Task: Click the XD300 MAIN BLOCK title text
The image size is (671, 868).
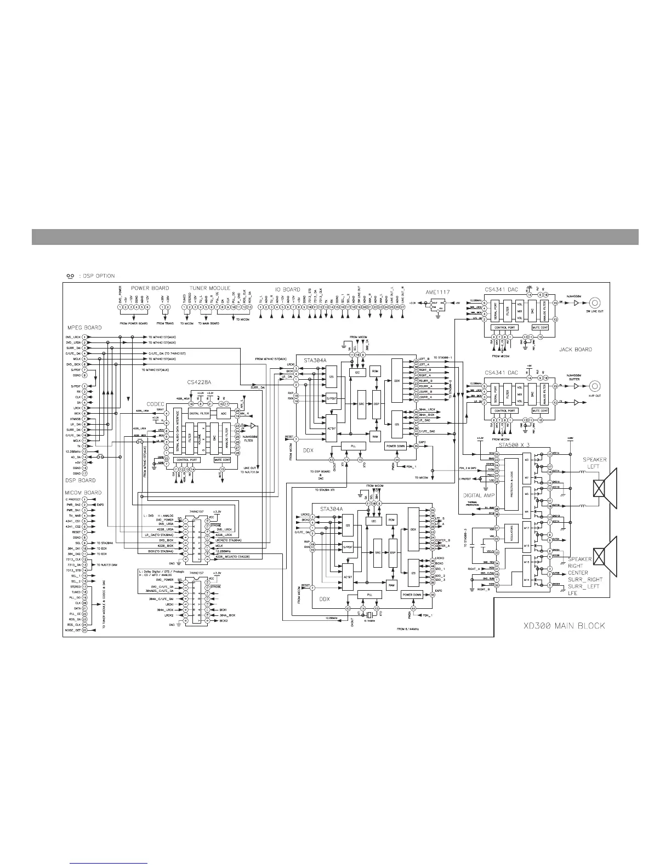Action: click(x=564, y=625)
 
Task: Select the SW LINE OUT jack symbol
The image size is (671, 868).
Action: click(x=593, y=303)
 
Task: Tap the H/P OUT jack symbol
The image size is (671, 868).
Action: click(x=593, y=386)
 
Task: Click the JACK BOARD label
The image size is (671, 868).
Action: click(x=576, y=349)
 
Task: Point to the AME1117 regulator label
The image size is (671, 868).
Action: click(x=437, y=293)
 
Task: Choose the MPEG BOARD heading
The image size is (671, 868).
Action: click(x=84, y=328)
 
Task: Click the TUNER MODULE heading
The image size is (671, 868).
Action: click(x=210, y=288)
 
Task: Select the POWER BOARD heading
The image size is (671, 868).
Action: click(x=150, y=288)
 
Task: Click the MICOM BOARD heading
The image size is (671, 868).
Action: click(x=83, y=493)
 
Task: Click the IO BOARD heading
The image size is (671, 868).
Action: click(x=288, y=289)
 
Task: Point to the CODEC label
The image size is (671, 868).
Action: click(x=156, y=404)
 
